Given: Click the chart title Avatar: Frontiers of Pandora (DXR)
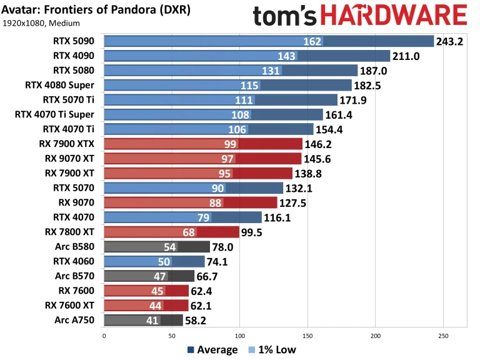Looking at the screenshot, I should tap(97, 11).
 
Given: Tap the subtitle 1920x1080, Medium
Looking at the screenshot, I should tap(41, 24).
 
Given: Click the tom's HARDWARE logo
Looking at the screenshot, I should tap(360, 16).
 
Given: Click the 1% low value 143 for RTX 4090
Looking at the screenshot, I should tap(287, 56).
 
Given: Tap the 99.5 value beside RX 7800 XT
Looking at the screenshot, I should tap(256, 232).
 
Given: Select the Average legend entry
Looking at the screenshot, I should tap(212, 350).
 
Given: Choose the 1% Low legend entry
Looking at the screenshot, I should tap(272, 350).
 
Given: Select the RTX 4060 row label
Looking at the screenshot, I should tap(74, 261).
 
